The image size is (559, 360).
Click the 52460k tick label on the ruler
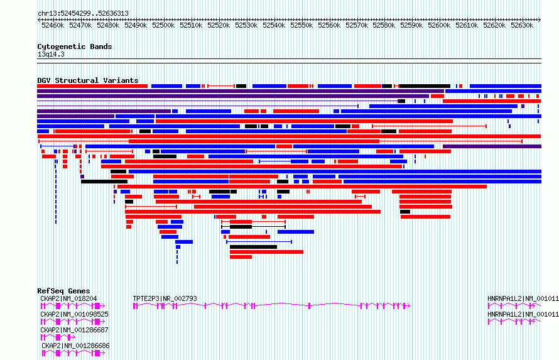coord(53,25)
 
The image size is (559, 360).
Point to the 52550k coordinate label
coord(301,25)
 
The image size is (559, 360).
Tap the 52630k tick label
coord(522,25)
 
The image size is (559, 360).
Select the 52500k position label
coord(163,25)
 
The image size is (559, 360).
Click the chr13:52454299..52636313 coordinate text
coord(83,14)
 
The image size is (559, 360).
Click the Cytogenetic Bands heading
coord(75,46)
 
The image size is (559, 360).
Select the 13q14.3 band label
coord(51,55)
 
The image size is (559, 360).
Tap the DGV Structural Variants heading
coord(88,80)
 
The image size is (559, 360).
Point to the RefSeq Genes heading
coord(63,291)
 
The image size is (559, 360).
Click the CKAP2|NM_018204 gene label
coord(68,298)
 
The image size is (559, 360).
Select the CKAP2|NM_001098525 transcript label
coord(74,314)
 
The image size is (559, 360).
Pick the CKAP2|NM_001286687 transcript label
coord(74,330)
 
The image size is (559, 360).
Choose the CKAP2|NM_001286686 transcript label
coord(75,346)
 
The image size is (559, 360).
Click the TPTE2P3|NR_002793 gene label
coord(165,298)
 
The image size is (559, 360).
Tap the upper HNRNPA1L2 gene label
coord(523,298)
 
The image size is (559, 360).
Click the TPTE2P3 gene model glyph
coord(272,305)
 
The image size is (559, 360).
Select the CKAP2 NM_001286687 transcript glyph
coord(58,337)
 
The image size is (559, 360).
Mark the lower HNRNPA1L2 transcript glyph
coord(514,322)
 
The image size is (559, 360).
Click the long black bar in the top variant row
coord(425,86)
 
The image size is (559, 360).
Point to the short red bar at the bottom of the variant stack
coord(241,257)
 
